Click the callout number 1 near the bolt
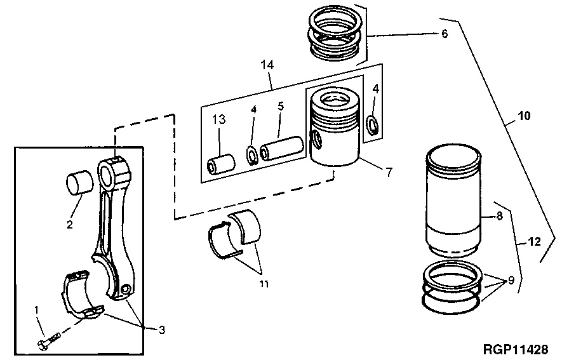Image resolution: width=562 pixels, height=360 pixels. tap(36, 310)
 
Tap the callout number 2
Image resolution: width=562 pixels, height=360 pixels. tap(70, 224)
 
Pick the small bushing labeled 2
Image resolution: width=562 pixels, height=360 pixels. tap(79, 183)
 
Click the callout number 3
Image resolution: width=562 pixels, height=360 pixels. tap(162, 330)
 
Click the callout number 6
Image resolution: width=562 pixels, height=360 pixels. tap(445, 34)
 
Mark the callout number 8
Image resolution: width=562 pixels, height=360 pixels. tap(500, 216)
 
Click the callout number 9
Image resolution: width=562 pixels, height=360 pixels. tap(511, 280)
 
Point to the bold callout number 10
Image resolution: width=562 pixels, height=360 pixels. tap(524, 117)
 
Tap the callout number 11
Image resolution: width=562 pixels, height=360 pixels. tap(263, 284)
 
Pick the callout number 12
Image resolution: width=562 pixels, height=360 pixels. tap(534, 242)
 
